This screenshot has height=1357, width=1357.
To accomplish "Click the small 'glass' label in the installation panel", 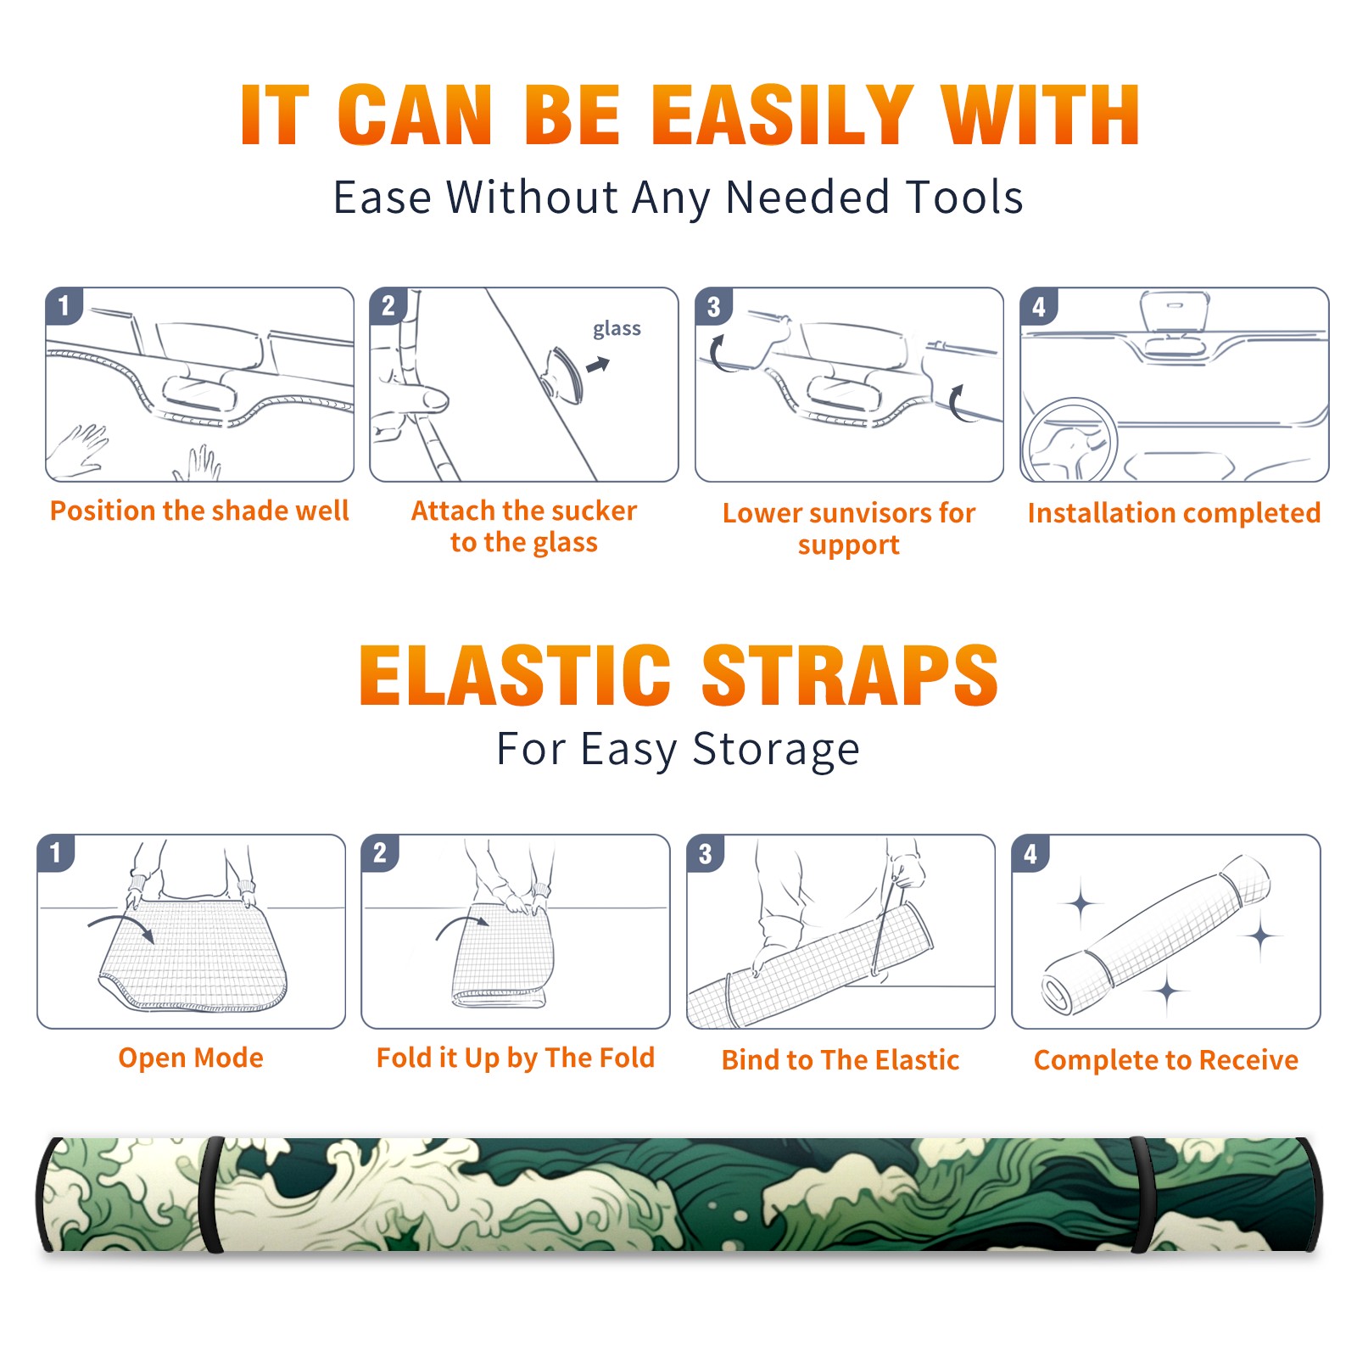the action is (617, 328).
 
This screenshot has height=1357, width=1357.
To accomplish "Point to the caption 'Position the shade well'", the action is (199, 511).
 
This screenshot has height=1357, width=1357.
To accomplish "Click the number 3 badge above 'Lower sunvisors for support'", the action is (713, 306).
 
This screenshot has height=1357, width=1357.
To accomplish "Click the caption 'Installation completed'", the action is (1174, 513).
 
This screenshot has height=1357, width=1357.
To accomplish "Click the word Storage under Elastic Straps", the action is (776, 750).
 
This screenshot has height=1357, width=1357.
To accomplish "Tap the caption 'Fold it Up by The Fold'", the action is (516, 1058).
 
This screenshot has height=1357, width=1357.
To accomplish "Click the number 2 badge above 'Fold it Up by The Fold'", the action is (380, 852).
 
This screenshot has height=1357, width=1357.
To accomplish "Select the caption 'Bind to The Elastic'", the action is (840, 1060).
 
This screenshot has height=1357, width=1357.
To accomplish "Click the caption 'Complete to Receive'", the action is (1166, 1060).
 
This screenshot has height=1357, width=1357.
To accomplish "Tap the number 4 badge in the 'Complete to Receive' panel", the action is (1030, 853).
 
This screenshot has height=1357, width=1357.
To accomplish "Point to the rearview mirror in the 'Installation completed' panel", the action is (1175, 311).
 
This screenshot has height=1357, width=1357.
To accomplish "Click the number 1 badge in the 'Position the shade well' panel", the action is (64, 305).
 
